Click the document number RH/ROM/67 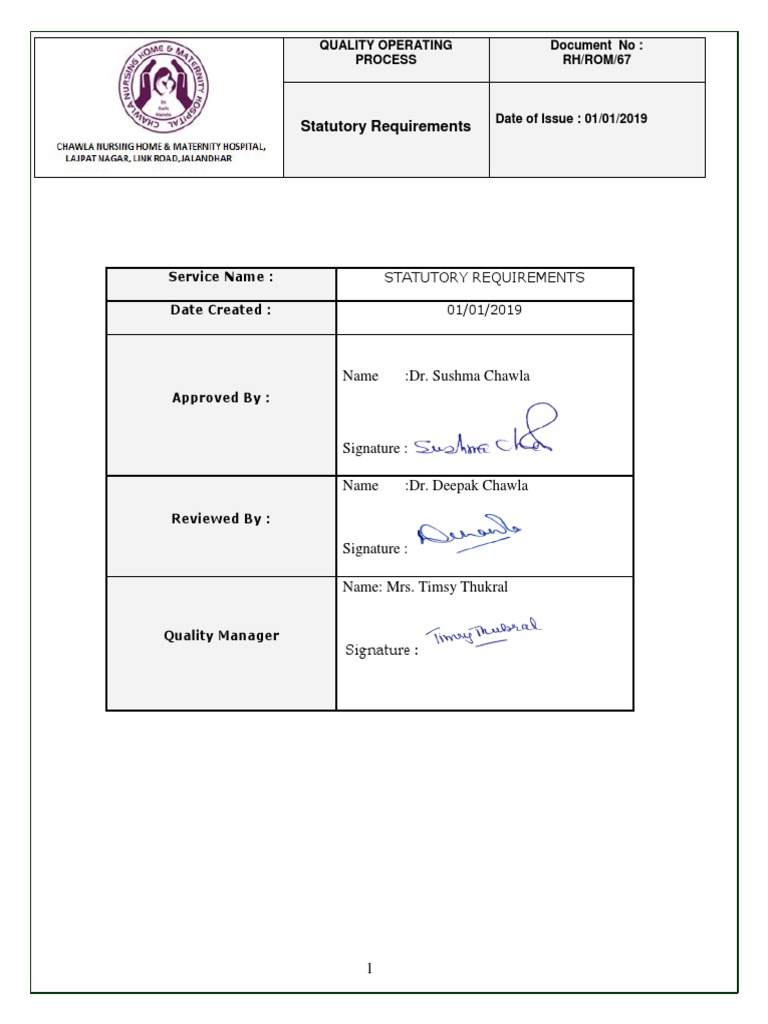(597, 60)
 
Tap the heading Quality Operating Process (386, 52)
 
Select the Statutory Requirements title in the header (385, 127)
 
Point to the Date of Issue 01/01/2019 (571, 119)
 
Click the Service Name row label (220, 277)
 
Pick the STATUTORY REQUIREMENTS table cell (484, 278)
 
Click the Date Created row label (220, 310)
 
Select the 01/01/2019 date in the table (484, 310)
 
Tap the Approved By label (220, 398)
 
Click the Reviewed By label (220, 519)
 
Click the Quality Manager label (220, 636)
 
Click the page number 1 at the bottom (369, 968)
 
